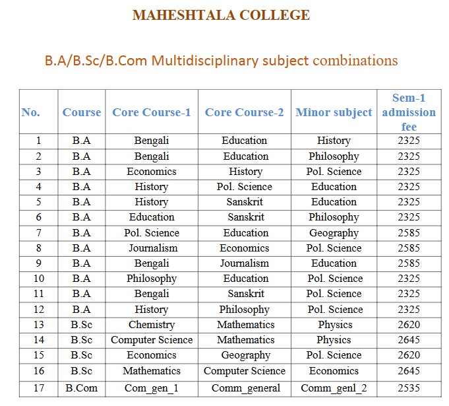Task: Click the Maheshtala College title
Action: pos(221,15)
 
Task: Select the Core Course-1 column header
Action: pos(152,112)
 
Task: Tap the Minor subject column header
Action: pos(334,112)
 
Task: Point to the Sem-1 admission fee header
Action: pos(409,112)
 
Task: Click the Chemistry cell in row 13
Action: pos(152,325)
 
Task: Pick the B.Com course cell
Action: pos(82,388)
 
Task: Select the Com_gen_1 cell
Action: pos(152,388)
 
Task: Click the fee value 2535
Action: pos(409,388)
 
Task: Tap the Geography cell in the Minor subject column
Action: pos(334,232)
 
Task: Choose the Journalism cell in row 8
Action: pos(152,248)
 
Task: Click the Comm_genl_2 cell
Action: pos(334,388)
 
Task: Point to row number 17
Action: pos(39,388)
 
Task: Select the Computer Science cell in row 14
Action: pos(152,340)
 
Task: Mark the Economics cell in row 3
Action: pos(152,171)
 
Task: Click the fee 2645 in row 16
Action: pos(409,371)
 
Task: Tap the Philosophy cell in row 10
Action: pos(152,279)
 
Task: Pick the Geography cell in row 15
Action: pos(245,355)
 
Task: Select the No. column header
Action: pos(31,112)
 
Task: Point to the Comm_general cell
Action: pos(245,388)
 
